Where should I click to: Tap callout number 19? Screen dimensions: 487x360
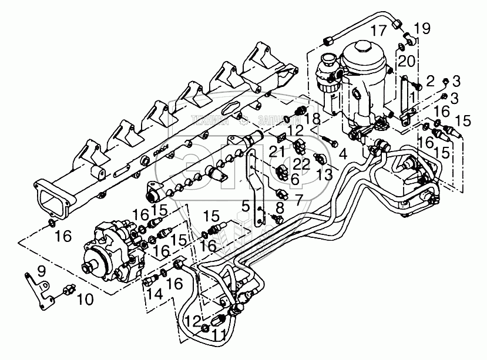421,28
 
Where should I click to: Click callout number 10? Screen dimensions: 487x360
85,300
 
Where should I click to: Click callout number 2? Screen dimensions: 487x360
431,80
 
